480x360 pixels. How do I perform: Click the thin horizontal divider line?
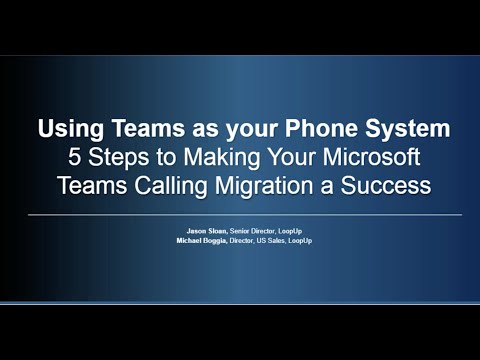coord(240,215)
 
